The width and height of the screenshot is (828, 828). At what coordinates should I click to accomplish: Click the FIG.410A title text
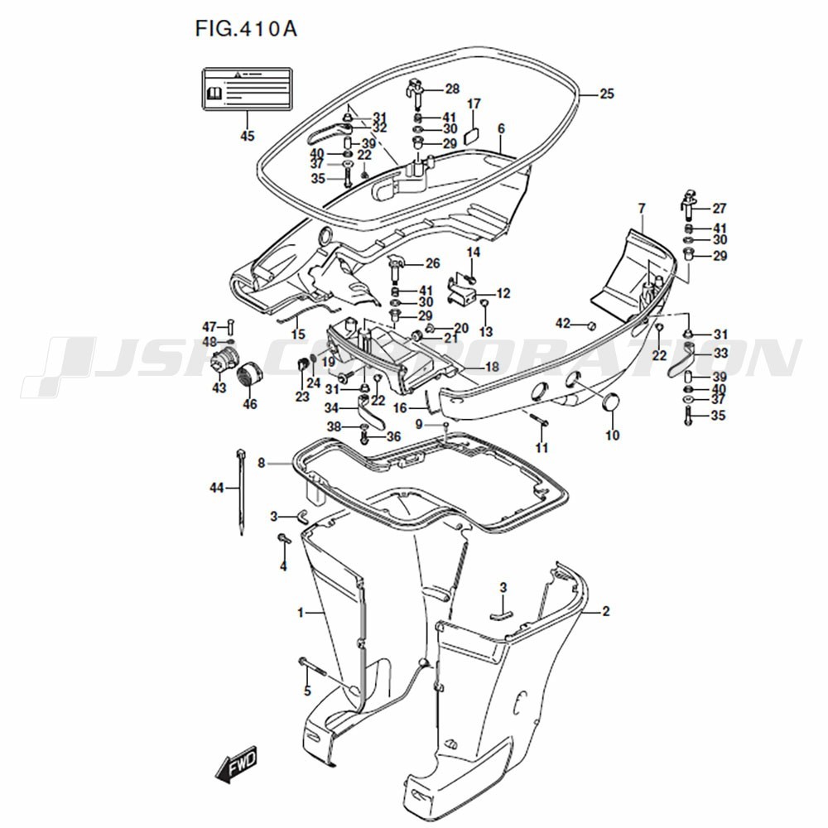(245, 29)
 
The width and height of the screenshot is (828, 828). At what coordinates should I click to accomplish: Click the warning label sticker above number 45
(248, 89)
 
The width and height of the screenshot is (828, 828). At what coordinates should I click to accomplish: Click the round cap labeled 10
(613, 403)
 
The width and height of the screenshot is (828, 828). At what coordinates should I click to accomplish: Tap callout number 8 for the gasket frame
(262, 464)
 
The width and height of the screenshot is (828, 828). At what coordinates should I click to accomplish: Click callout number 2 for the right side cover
(605, 612)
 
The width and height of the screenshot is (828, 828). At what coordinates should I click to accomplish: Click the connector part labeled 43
(220, 363)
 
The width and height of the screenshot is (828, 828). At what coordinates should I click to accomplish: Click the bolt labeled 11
(541, 422)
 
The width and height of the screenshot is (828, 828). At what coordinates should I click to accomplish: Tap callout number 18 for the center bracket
(491, 367)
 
